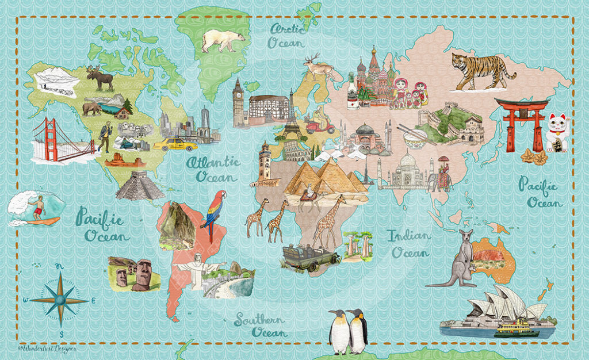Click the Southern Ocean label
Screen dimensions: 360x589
260,326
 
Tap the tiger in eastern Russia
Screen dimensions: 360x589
481,72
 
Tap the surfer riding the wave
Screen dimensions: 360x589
37,207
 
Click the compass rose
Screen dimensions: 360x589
59,301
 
